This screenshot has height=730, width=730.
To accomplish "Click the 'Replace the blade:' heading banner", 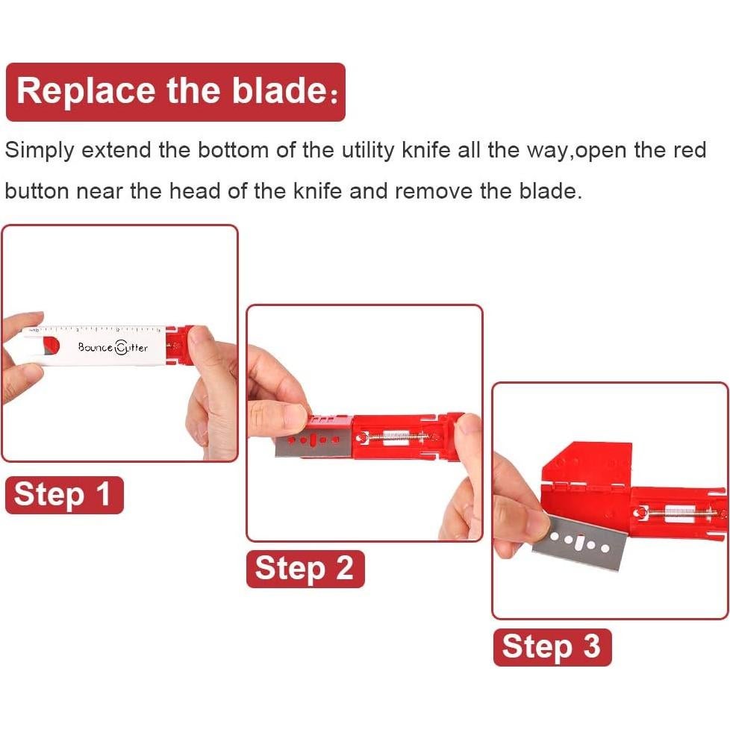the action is click(x=175, y=92).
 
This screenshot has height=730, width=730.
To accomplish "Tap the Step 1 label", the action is click(x=64, y=495).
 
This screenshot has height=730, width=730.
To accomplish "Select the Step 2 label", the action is click(x=305, y=569).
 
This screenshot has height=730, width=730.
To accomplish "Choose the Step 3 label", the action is click(x=552, y=647).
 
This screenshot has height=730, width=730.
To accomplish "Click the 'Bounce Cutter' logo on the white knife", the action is click(x=113, y=347).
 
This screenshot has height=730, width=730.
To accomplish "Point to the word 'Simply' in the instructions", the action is click(x=39, y=151).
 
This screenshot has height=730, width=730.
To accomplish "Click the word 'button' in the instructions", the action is click(x=37, y=191).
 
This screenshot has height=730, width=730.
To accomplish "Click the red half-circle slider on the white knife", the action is click(x=52, y=346).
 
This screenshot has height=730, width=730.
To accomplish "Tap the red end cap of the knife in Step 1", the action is click(x=178, y=346).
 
